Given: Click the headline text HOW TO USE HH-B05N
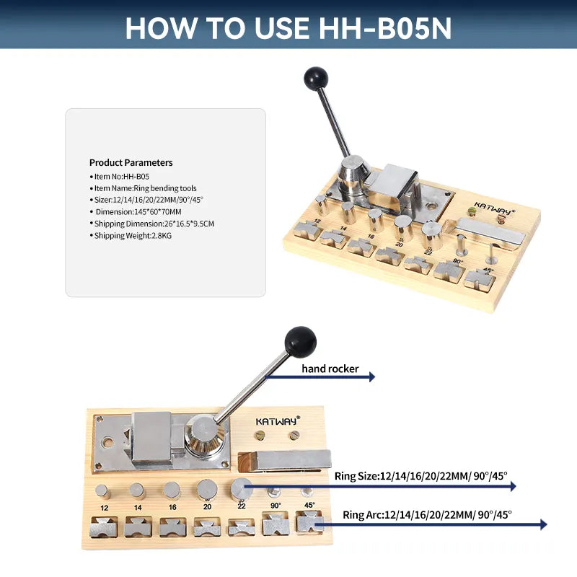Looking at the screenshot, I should [x=288, y=27].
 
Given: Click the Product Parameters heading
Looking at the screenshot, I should [x=131, y=163].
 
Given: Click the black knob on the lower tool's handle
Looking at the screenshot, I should [x=300, y=340].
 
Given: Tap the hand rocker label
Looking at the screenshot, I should [x=330, y=369].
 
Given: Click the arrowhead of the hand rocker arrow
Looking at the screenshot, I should [x=371, y=376].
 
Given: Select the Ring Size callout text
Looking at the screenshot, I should [x=420, y=476].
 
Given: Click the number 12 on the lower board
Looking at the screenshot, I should [x=105, y=508].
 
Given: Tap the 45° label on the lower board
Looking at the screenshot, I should [x=309, y=505].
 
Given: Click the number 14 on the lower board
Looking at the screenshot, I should [x=138, y=508].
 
